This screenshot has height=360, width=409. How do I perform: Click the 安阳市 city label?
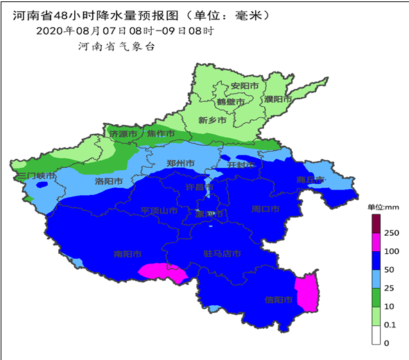point(245,86)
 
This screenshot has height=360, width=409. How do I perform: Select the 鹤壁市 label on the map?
point(230,102)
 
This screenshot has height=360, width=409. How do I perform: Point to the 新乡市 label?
point(212,121)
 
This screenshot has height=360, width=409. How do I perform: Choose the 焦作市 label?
point(160,133)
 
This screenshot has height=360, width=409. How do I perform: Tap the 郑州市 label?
point(181,164)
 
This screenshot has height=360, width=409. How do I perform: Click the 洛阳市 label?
point(108,182)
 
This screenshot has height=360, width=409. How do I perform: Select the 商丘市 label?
point(310,180)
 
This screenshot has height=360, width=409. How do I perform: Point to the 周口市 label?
point(265,209)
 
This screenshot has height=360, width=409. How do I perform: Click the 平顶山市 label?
point(159,210)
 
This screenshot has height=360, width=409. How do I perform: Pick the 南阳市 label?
point(128,254)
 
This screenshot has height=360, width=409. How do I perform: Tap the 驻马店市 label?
point(222,254)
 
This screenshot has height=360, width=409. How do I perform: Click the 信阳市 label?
point(278,300)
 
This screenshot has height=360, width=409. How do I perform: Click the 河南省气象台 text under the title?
point(116,46)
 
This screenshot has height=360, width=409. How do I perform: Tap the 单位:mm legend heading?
point(383,207)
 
